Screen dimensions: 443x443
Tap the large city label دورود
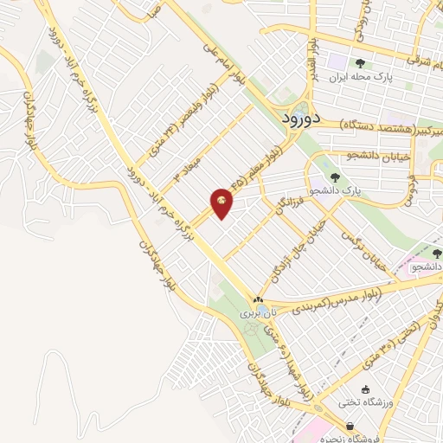(x=302, y=119)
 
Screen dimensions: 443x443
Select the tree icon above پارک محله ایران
(x=359, y=62)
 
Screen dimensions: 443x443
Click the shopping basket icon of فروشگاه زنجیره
(x=349, y=427)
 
